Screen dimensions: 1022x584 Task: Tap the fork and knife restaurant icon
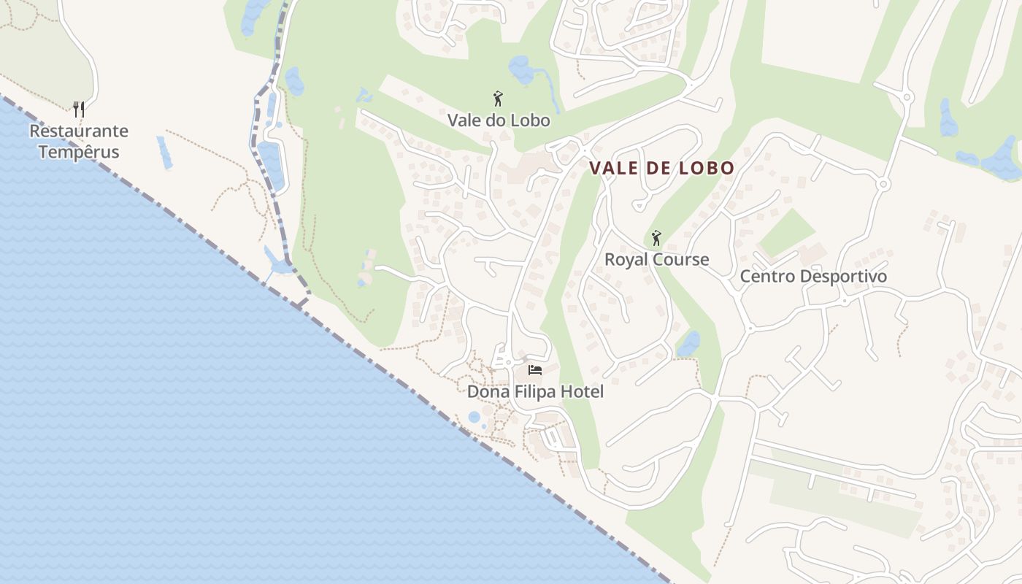[x=79, y=109]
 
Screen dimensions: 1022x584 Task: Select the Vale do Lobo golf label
[x=499, y=120]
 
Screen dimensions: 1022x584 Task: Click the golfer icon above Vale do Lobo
[x=499, y=99]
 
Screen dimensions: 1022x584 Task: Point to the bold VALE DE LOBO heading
[x=661, y=168]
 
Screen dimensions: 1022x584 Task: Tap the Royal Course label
[x=656, y=260]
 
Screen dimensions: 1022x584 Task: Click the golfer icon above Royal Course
[x=656, y=238]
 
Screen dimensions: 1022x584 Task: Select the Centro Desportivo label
[x=813, y=277]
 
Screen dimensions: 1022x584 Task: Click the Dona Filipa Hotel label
[x=535, y=392]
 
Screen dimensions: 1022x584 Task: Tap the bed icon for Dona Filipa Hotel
[x=535, y=370]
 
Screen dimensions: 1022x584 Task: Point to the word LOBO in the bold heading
[x=706, y=168]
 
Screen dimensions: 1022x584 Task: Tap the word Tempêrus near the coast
[x=79, y=153]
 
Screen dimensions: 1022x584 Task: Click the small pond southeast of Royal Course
[x=688, y=344]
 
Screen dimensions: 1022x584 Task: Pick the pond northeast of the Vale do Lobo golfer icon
[x=523, y=70]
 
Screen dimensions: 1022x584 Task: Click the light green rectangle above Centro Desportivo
[x=786, y=233]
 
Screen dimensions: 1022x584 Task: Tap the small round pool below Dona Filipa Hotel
[x=474, y=418]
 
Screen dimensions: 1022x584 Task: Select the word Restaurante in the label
[x=79, y=131]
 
